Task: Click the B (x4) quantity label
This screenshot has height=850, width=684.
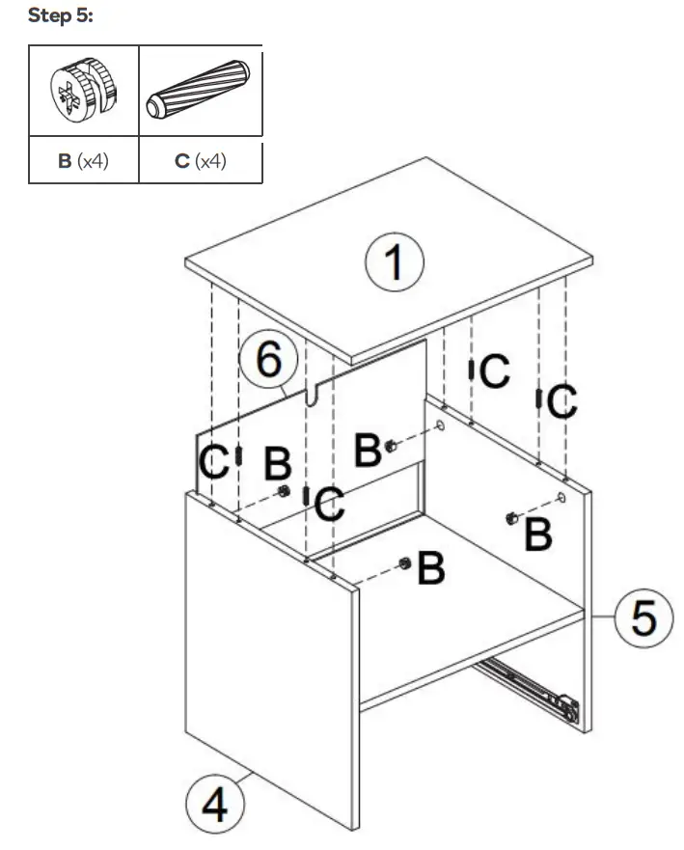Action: click(x=83, y=160)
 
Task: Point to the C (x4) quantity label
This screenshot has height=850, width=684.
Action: click(x=200, y=160)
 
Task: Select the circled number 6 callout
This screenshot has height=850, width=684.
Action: click(x=268, y=361)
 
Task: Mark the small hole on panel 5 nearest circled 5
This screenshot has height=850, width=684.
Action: click(x=561, y=498)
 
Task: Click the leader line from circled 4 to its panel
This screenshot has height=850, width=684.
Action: click(x=248, y=777)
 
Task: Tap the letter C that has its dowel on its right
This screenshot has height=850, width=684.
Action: click(x=212, y=462)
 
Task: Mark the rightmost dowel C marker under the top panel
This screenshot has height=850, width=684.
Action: click(x=537, y=398)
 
